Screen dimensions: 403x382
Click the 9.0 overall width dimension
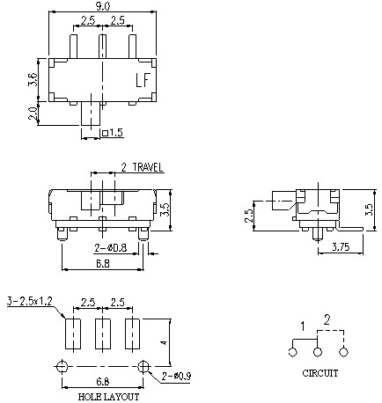pyautogui.click(x=103, y=7)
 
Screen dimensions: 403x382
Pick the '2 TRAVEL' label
pyautogui.click(x=142, y=166)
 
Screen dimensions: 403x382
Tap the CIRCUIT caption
pyautogui.click(x=320, y=372)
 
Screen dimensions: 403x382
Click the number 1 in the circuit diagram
pyautogui.click(x=300, y=327)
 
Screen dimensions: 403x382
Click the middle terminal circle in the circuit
pyautogui.click(x=318, y=352)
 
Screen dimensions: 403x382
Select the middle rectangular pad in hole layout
pyautogui.click(x=103, y=335)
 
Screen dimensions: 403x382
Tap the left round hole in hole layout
pyautogui.click(x=62, y=366)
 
